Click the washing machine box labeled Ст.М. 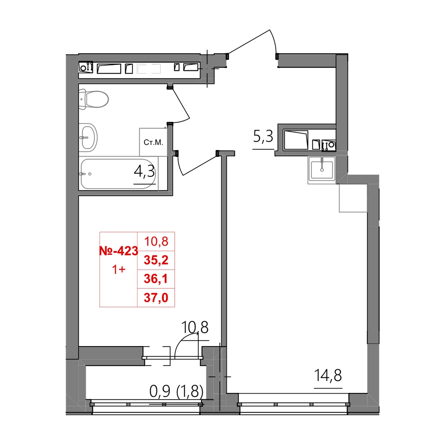click(153, 142)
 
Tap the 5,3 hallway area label click(263, 137)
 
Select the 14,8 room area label click(328, 375)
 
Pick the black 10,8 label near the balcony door click(195, 327)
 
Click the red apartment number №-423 click(119, 251)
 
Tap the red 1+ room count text click(119, 269)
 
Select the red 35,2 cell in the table click(156, 260)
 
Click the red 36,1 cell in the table click(156, 279)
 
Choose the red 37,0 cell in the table click(156, 298)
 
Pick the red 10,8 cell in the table click(156, 241)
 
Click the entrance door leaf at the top click(249, 42)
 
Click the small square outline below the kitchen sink click(353, 198)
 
